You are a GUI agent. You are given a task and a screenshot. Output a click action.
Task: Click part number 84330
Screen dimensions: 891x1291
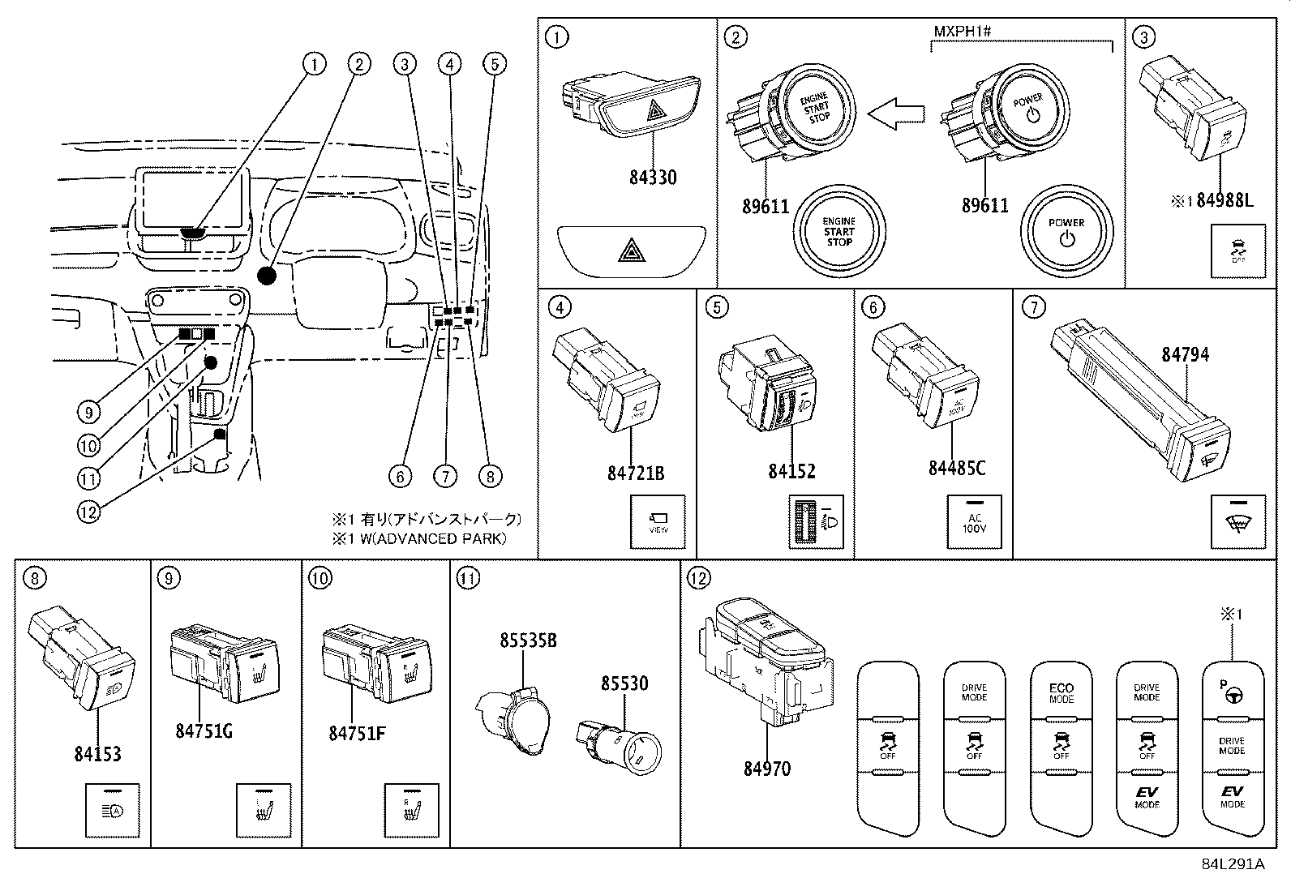tap(652, 177)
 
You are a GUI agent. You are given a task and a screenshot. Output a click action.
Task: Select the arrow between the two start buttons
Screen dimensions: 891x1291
tap(895, 115)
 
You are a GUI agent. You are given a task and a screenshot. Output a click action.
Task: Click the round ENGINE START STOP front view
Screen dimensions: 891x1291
tap(839, 232)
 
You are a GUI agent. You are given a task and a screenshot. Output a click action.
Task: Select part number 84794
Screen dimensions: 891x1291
tap(1185, 354)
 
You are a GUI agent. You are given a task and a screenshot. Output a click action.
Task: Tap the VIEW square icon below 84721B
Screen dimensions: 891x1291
tap(658, 522)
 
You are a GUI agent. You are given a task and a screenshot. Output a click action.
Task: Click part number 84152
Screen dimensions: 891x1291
tap(791, 471)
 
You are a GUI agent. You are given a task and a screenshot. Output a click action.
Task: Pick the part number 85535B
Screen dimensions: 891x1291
tap(528, 640)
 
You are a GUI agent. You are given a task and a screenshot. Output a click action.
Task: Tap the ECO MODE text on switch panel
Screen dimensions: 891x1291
tap(1061, 693)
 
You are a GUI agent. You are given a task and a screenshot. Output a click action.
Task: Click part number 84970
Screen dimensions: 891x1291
tap(766, 767)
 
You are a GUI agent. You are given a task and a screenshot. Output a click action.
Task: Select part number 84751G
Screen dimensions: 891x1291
tap(204, 730)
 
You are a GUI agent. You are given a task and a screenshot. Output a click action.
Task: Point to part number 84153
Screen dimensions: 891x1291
tap(97, 753)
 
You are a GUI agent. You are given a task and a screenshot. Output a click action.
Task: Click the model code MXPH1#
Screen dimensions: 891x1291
tap(963, 31)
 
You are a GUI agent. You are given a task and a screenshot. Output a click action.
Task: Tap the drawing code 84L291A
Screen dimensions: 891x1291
tap(1233, 863)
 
